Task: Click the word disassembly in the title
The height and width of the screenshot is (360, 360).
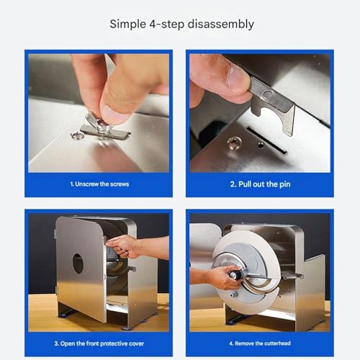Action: tap(220, 24)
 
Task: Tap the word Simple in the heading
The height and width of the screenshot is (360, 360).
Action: tap(127, 24)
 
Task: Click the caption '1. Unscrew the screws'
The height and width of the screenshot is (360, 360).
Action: tap(99, 184)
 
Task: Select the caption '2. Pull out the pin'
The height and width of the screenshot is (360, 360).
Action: tap(260, 184)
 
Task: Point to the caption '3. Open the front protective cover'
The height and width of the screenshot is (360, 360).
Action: tap(99, 343)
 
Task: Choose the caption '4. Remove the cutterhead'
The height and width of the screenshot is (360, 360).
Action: tap(260, 343)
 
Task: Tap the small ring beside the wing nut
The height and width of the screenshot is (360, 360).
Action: tap(78, 135)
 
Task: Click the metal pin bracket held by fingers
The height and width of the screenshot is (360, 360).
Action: tap(274, 103)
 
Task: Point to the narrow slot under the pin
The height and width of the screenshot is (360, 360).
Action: tap(267, 140)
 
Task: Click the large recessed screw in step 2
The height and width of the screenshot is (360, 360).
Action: tap(233, 143)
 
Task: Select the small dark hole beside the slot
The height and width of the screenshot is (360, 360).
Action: tap(260, 145)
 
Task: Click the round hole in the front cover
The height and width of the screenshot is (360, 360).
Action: tap(78, 264)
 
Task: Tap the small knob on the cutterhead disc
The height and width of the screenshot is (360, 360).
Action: tap(233, 294)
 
